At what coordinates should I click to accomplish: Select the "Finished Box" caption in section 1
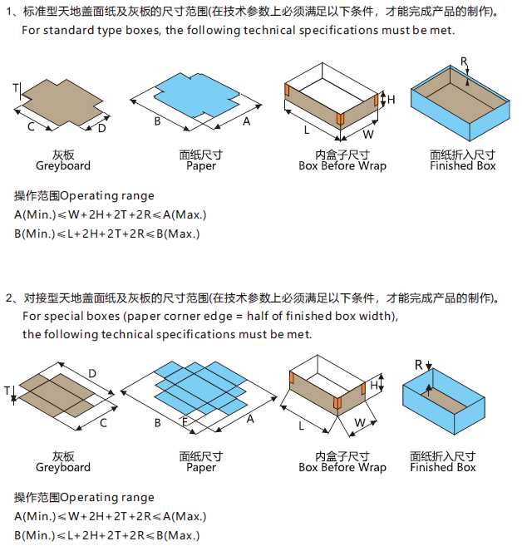(462, 165)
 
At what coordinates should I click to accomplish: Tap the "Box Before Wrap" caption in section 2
(342, 467)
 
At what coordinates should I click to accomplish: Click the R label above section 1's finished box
(464, 61)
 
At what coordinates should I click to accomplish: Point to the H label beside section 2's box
(375, 386)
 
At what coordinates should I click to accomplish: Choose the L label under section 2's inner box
(301, 426)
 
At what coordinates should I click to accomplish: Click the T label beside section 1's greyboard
(15, 87)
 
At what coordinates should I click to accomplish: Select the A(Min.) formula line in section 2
(110, 516)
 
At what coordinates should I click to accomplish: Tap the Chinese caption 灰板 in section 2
(63, 456)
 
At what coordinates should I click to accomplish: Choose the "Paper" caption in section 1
(201, 165)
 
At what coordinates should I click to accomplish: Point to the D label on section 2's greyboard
(92, 373)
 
